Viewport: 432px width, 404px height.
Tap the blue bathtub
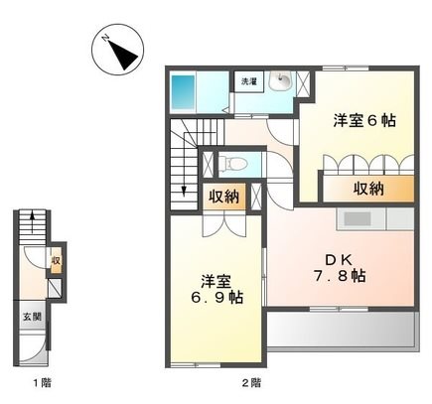pyautogui.click(x=184, y=92)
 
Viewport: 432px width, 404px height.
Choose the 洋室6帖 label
pyautogui.click(x=363, y=121)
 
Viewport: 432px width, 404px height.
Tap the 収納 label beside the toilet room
pyautogui.click(x=222, y=196)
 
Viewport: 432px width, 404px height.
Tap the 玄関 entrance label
pyautogui.click(x=31, y=317)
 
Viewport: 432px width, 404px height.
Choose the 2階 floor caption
pyautogui.click(x=251, y=382)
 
